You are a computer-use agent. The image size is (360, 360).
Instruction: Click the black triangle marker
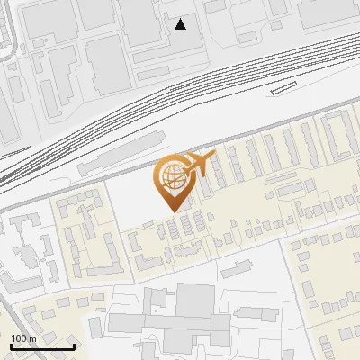point(181,23)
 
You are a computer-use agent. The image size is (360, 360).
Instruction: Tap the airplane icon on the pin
point(199,165)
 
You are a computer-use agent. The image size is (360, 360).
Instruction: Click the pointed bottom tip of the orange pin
point(172,211)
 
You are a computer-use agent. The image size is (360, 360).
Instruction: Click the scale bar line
point(42,346)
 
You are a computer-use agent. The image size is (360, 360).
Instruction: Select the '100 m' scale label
point(23,338)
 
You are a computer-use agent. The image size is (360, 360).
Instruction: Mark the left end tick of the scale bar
point(11,345)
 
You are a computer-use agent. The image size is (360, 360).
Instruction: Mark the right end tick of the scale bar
point(74,345)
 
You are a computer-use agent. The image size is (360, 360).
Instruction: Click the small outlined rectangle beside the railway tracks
point(283,87)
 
